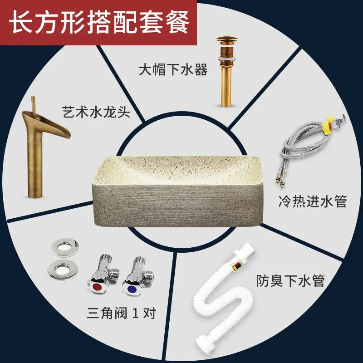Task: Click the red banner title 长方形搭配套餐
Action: point(99,22)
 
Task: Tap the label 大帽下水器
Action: point(173,70)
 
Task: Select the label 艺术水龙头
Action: point(96,112)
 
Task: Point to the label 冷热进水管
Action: point(313,201)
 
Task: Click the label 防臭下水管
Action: point(290,281)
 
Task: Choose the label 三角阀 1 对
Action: point(122,313)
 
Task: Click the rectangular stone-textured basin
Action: point(178,191)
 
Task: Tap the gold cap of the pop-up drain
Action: point(227,39)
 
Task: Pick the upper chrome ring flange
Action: point(65,247)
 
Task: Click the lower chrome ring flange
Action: point(63,270)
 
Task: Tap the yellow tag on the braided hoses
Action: point(327,125)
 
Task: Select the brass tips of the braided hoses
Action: point(279,181)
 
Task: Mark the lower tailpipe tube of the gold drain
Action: point(226,86)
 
